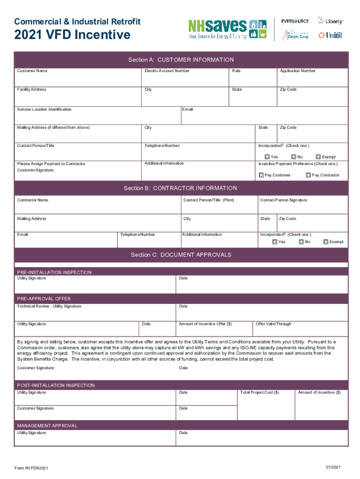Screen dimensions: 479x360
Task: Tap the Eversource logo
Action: pos(295,21)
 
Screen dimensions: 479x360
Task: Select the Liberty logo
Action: pos(331,21)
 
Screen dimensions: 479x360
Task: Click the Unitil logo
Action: pos(331,35)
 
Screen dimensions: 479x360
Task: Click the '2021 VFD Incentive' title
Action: pos(72,35)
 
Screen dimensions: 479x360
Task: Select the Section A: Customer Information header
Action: pos(181,60)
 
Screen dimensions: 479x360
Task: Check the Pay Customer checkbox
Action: pos(261,175)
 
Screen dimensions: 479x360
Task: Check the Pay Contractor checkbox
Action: pos(308,175)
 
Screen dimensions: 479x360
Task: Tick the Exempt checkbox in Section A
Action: pos(318,157)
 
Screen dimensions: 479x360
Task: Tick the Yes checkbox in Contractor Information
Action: pos(275,242)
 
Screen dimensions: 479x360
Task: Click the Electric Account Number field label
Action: pos(167,71)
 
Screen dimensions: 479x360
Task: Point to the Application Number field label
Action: pos(297,71)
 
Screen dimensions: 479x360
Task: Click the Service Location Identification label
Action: pos(44,109)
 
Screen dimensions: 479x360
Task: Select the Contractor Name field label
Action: pos(33,200)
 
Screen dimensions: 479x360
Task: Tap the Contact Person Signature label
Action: pos(283,200)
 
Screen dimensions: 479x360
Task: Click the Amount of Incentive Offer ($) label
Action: pos(205,324)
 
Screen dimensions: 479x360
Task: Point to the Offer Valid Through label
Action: pos(274,324)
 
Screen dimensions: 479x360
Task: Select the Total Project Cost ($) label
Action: pos(259,392)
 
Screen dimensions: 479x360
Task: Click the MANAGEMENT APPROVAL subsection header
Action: pos(47,426)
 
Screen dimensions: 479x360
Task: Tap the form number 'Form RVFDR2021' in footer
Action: pos(31,468)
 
